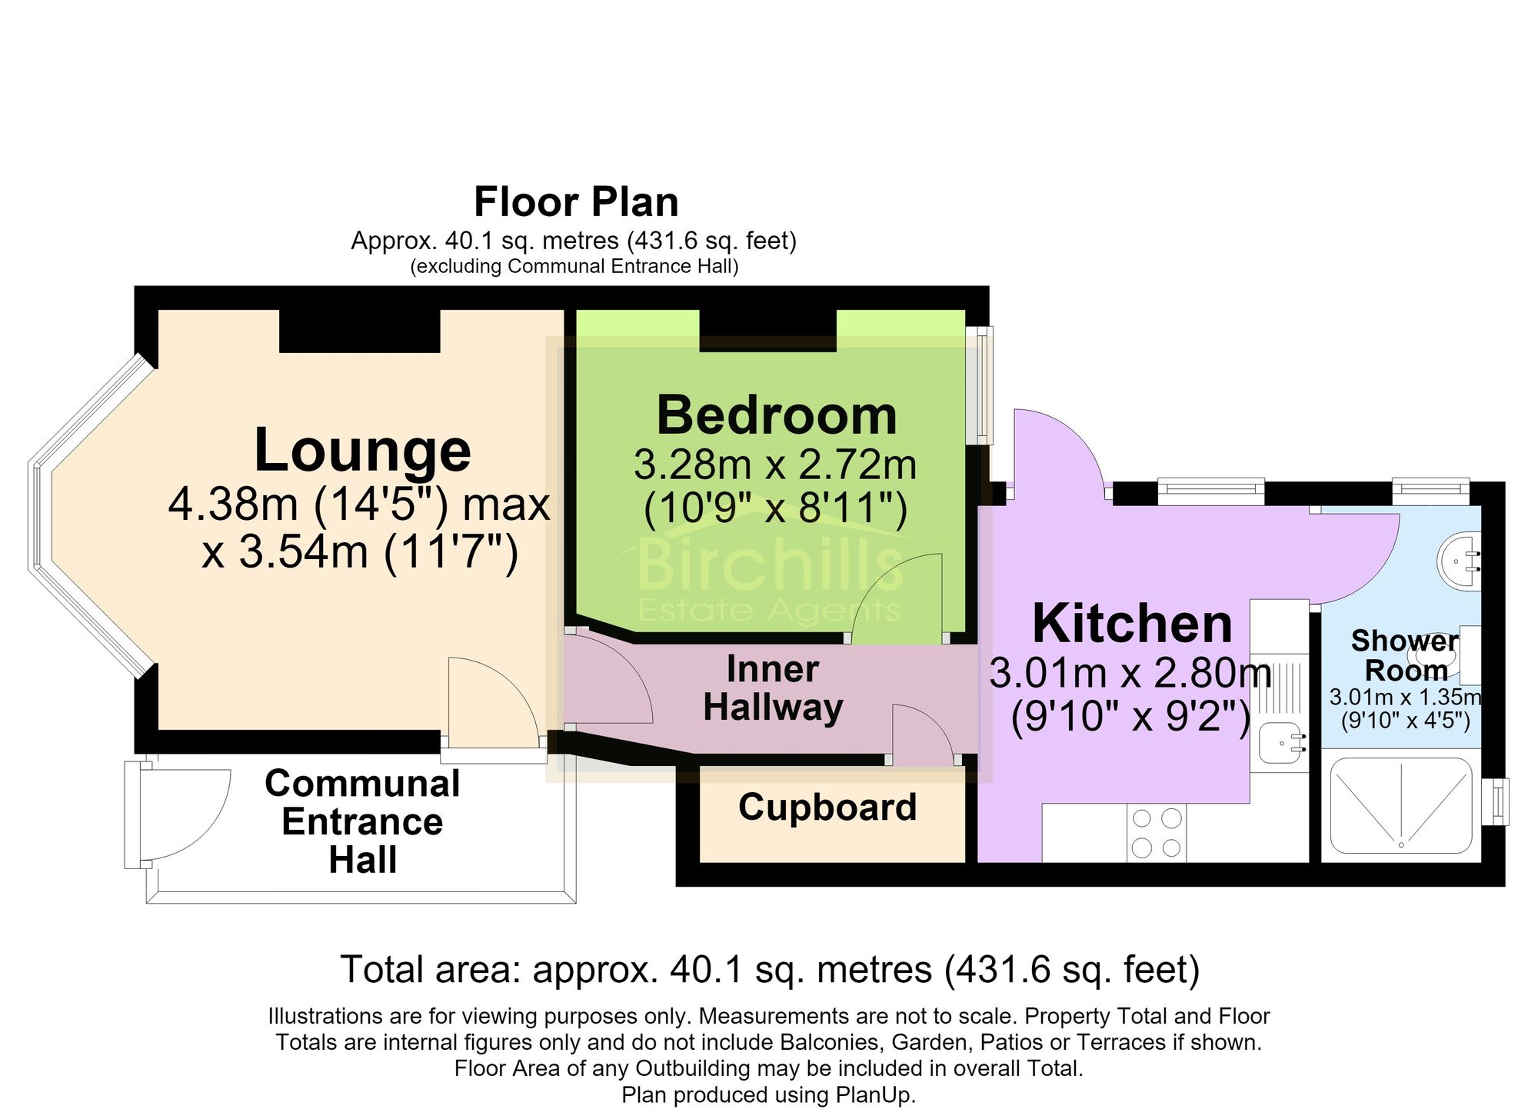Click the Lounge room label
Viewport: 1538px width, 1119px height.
(362, 451)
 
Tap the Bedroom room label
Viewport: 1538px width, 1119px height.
(777, 416)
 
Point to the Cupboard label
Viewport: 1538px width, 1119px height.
(827, 808)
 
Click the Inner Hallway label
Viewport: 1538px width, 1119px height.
(773, 688)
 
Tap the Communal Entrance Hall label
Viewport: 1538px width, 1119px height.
(362, 821)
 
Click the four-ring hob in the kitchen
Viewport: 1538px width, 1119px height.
(1157, 832)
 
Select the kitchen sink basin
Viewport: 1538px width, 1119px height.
(1281, 744)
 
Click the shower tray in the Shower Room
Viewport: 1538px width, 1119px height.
(1401, 805)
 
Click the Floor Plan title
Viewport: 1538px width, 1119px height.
(576, 202)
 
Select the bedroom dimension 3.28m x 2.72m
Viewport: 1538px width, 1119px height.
(775, 465)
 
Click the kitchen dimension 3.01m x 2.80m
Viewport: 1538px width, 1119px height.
(1130, 673)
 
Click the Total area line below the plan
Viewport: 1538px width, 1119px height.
(770, 969)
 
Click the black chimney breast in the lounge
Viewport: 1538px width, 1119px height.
(360, 331)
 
